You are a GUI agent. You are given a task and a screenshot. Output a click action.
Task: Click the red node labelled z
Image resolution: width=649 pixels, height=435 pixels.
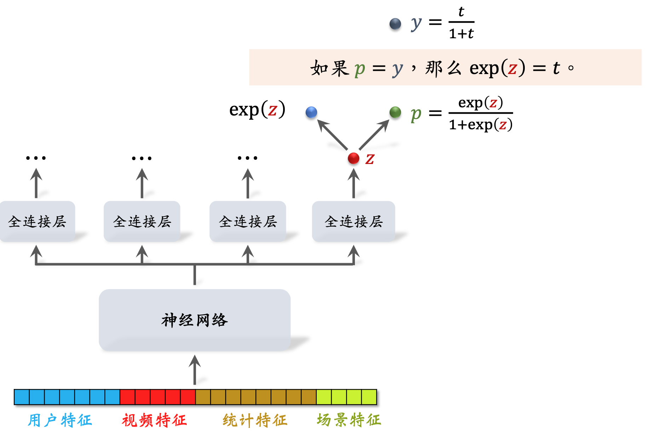coord(354,158)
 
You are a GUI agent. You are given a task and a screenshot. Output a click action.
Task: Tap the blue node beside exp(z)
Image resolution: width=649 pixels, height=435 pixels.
coord(311,112)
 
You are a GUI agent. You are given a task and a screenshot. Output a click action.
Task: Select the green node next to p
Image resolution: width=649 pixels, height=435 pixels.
coord(395,112)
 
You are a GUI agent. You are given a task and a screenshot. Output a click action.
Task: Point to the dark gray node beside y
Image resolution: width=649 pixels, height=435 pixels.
coord(395,24)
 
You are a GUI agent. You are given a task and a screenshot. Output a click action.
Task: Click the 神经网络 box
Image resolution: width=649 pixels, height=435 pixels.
coord(195,320)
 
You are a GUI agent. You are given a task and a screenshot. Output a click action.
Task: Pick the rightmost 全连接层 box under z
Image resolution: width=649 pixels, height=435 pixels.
coord(354,221)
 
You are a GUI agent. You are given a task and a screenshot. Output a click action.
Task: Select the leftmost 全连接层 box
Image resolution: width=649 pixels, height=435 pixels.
coord(37,221)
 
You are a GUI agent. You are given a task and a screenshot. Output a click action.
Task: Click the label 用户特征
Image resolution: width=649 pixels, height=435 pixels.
coord(60,420)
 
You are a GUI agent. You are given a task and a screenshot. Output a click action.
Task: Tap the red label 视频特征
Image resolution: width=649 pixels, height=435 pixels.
coord(154,420)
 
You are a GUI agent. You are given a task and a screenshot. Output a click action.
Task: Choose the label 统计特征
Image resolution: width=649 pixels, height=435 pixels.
coord(255,420)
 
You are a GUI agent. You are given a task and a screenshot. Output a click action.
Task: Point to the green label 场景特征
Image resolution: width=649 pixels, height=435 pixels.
coord(349,420)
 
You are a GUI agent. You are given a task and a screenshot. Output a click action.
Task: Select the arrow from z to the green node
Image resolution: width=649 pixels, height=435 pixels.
coord(374,134)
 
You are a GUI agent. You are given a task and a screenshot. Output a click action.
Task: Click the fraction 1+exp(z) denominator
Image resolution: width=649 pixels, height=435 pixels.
coord(481,125)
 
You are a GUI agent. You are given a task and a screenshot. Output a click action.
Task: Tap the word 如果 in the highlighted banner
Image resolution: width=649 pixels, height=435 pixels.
coord(329,68)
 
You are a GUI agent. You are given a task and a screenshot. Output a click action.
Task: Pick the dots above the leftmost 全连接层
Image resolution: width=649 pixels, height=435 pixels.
coord(36,158)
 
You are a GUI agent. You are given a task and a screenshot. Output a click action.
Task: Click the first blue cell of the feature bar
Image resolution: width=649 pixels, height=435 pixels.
coord(22,397)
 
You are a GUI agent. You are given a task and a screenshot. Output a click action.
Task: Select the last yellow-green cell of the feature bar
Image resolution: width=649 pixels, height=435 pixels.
coord(369,397)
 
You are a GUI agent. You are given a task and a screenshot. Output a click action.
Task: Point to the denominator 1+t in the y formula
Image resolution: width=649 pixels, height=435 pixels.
coord(461,34)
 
